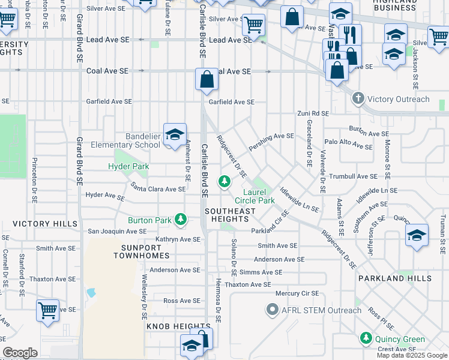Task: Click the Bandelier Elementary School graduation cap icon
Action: tap(175, 135)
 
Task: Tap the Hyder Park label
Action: tap(128, 166)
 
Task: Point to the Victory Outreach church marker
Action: tap(358, 99)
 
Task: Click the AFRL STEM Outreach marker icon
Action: tap(271, 310)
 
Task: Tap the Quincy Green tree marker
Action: tap(366, 339)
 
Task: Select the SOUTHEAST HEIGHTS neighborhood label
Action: tap(231, 215)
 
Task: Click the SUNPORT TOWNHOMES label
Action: tap(142, 251)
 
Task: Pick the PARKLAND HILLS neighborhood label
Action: tap(395, 279)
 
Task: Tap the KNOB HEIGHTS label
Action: tap(170, 326)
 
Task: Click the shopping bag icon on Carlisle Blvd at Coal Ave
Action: tap(206, 80)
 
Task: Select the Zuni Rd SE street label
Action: tap(313, 113)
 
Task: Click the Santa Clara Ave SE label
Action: tap(158, 188)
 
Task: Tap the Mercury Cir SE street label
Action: tap(297, 293)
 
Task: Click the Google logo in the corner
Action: tap(20, 353)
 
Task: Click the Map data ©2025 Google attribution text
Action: tap(412, 355)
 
